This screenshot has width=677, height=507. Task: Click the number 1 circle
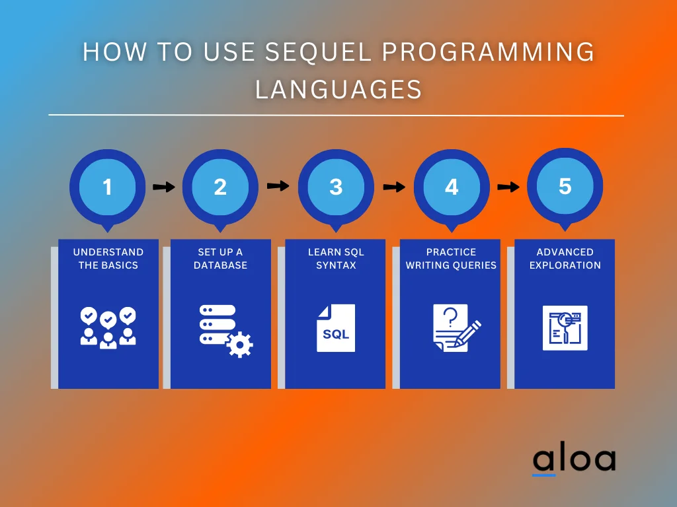(x=107, y=187)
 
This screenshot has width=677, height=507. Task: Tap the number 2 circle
(x=220, y=187)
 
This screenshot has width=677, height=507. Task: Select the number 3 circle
(x=336, y=187)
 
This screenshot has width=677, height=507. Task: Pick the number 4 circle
(x=452, y=187)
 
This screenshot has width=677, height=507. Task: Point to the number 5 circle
(x=565, y=186)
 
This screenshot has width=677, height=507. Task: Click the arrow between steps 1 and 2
(x=163, y=187)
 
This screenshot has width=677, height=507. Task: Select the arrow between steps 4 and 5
(x=508, y=187)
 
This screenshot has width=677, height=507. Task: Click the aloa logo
(x=574, y=460)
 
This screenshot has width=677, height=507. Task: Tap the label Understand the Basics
(x=108, y=259)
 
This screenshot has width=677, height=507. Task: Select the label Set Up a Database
(x=220, y=259)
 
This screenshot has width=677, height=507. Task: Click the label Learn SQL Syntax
(x=336, y=259)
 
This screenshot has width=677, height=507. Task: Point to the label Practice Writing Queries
(x=451, y=259)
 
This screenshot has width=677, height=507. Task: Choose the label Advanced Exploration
(x=565, y=259)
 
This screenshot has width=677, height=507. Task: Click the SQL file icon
(x=336, y=328)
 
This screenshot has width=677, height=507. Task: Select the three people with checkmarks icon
(x=108, y=327)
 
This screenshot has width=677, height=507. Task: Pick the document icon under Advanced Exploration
(x=565, y=328)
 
